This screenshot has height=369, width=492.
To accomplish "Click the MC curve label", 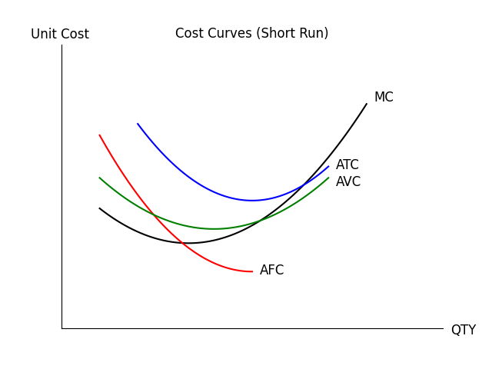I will [x=384, y=98].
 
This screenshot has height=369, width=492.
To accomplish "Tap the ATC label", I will [x=347, y=165].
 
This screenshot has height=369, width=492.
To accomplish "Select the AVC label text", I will [x=348, y=182].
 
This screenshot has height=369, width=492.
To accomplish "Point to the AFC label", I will [x=271, y=271].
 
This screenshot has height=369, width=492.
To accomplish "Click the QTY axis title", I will [x=463, y=330].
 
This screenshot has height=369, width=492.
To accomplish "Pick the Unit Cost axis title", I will [x=60, y=35].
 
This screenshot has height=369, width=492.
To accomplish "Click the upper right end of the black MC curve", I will [x=367, y=104].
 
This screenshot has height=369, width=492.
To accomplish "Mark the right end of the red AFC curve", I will [x=252, y=271].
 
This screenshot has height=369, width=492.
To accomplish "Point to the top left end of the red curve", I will [x=99, y=135].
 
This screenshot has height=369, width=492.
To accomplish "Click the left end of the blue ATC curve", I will [x=138, y=124].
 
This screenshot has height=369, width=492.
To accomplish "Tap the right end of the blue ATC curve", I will [x=328, y=166].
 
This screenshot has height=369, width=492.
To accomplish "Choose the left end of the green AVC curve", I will [x=99, y=178].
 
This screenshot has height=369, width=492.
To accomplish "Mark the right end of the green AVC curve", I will [x=328, y=178].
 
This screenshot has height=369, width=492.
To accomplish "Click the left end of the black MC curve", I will [x=99, y=208].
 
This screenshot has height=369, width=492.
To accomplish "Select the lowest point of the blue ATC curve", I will [x=252, y=201].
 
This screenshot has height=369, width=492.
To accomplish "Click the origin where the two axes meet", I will [x=61, y=328].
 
